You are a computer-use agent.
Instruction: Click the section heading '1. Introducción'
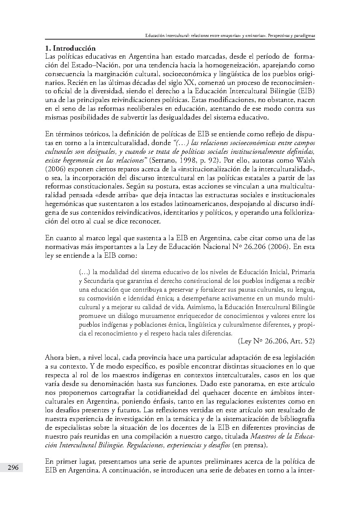coord(70,48)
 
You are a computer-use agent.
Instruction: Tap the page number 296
coord(13,468)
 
